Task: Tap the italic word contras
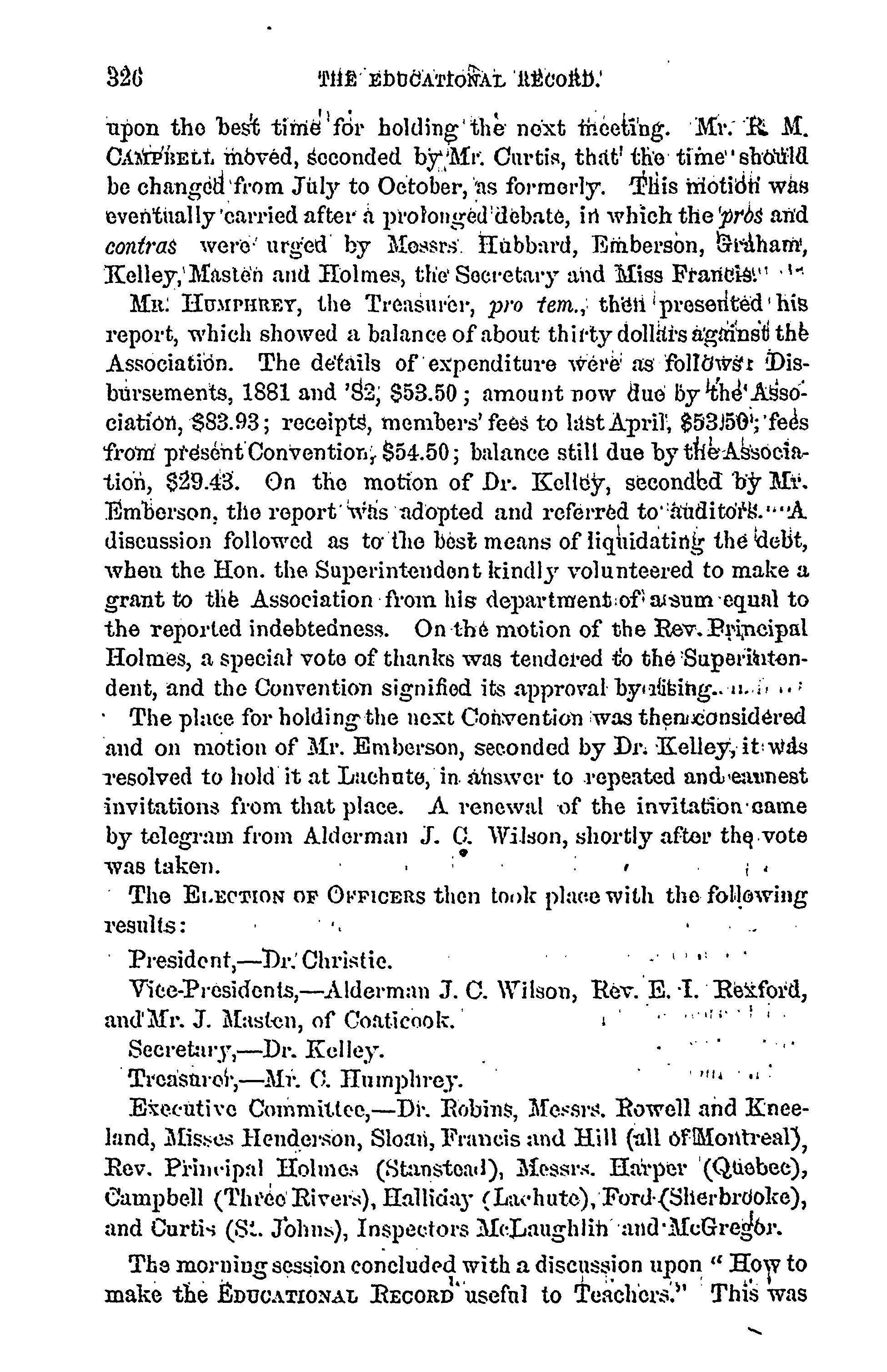click(x=141, y=246)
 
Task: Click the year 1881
click(x=272, y=393)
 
